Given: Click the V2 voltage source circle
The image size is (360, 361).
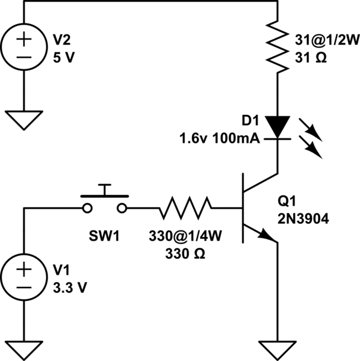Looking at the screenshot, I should point(25,48).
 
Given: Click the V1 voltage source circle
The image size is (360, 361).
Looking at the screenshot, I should point(25,277).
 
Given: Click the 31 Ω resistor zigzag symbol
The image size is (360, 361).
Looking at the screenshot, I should point(277,45).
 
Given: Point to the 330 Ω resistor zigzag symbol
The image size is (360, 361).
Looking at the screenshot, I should point(185,208).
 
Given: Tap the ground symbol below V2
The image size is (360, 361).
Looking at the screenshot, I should point(25,119).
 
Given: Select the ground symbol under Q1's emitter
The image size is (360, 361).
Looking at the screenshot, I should point(277,348).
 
